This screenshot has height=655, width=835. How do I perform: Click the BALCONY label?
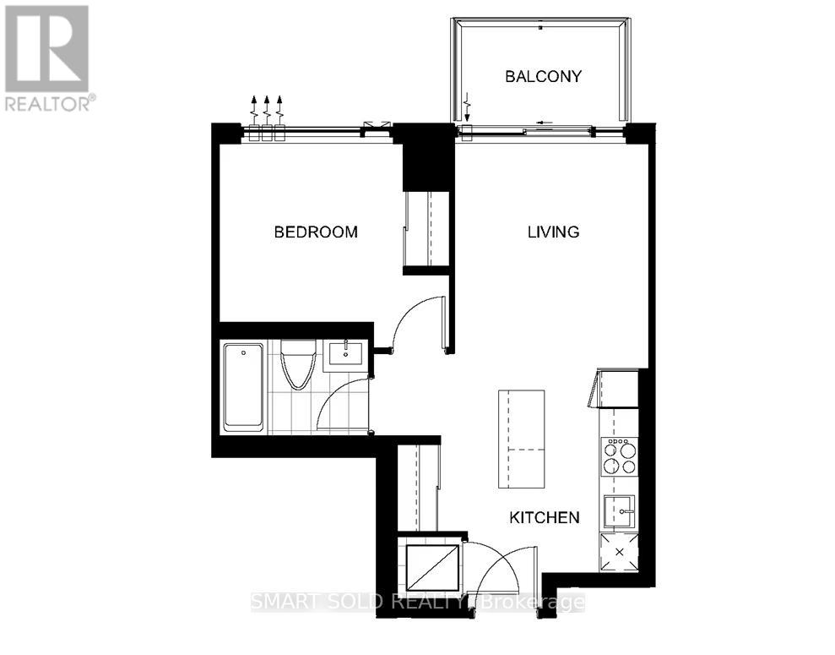point(543,76)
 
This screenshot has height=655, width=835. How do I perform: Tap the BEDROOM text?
point(316,232)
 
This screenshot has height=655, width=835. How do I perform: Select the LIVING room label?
point(553,232)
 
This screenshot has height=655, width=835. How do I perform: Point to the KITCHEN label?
point(544,517)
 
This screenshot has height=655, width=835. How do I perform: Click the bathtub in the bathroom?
point(242,386)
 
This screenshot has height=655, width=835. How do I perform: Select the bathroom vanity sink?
point(346,353)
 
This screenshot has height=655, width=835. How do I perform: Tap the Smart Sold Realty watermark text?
point(419,603)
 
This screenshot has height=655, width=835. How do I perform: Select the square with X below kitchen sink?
point(621,552)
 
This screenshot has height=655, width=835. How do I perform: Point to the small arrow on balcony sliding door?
point(538,130)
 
